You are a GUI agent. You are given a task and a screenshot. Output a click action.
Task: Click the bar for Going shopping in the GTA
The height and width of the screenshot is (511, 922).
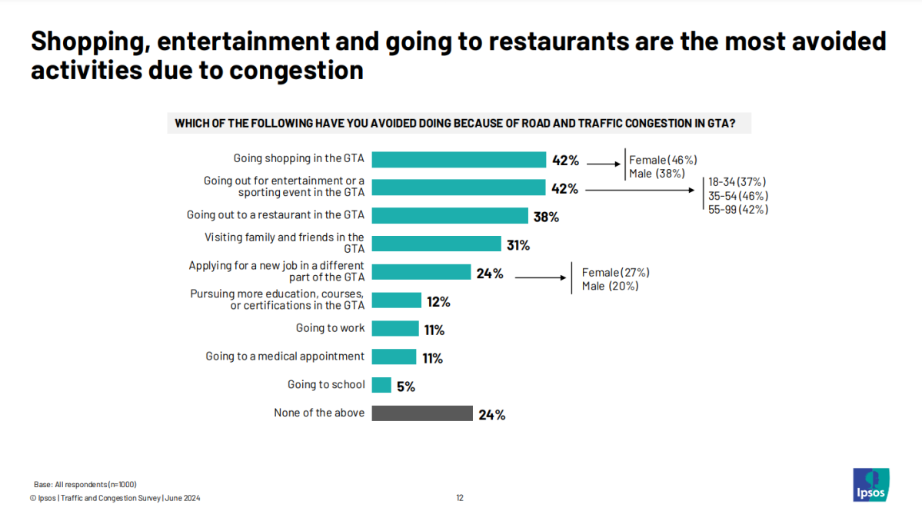pyautogui.click(x=458, y=160)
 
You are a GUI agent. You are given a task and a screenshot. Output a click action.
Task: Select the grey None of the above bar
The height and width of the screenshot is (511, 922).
pyautogui.click(x=421, y=413)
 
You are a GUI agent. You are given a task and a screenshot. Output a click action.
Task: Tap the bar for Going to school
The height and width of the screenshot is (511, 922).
pyautogui.click(x=381, y=385)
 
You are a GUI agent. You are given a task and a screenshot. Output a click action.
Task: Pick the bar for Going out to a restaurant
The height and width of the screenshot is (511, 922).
pyautogui.click(x=449, y=216)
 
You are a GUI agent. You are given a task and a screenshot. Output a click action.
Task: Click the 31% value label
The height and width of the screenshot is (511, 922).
pyautogui.click(x=518, y=245)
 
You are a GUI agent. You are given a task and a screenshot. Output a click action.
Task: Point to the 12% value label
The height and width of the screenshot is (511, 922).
pyautogui.click(x=438, y=301)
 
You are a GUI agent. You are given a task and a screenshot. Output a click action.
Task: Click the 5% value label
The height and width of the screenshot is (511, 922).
pyautogui.click(x=406, y=387)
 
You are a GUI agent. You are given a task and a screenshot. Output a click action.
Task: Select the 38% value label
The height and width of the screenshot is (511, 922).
pyautogui.click(x=546, y=217)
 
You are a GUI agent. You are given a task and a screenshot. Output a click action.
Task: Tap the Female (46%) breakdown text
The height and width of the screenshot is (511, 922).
pyautogui.click(x=663, y=160)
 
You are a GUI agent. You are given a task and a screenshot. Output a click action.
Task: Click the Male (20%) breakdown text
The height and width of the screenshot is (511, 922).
pyautogui.click(x=610, y=286)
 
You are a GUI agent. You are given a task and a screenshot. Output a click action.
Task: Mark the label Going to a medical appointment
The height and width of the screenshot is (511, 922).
pyautogui.click(x=285, y=357)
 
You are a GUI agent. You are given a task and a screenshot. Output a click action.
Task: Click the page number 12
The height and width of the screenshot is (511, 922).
pyautogui.click(x=460, y=498)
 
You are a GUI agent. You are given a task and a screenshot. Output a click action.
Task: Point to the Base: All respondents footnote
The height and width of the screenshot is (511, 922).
pyautogui.click(x=85, y=484)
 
